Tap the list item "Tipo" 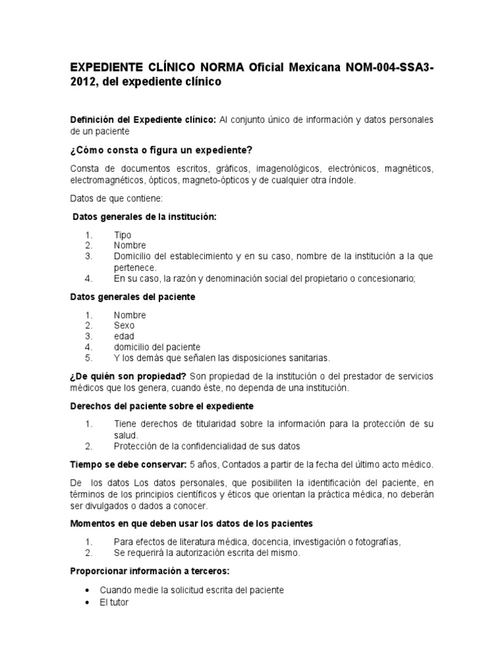click(x=122, y=235)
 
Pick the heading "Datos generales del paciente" click(x=133, y=297)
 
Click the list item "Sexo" click(x=124, y=325)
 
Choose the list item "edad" click(x=123, y=336)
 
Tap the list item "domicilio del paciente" click(x=157, y=346)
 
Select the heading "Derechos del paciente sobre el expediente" click(x=161, y=406)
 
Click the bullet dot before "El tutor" click(x=88, y=601)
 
